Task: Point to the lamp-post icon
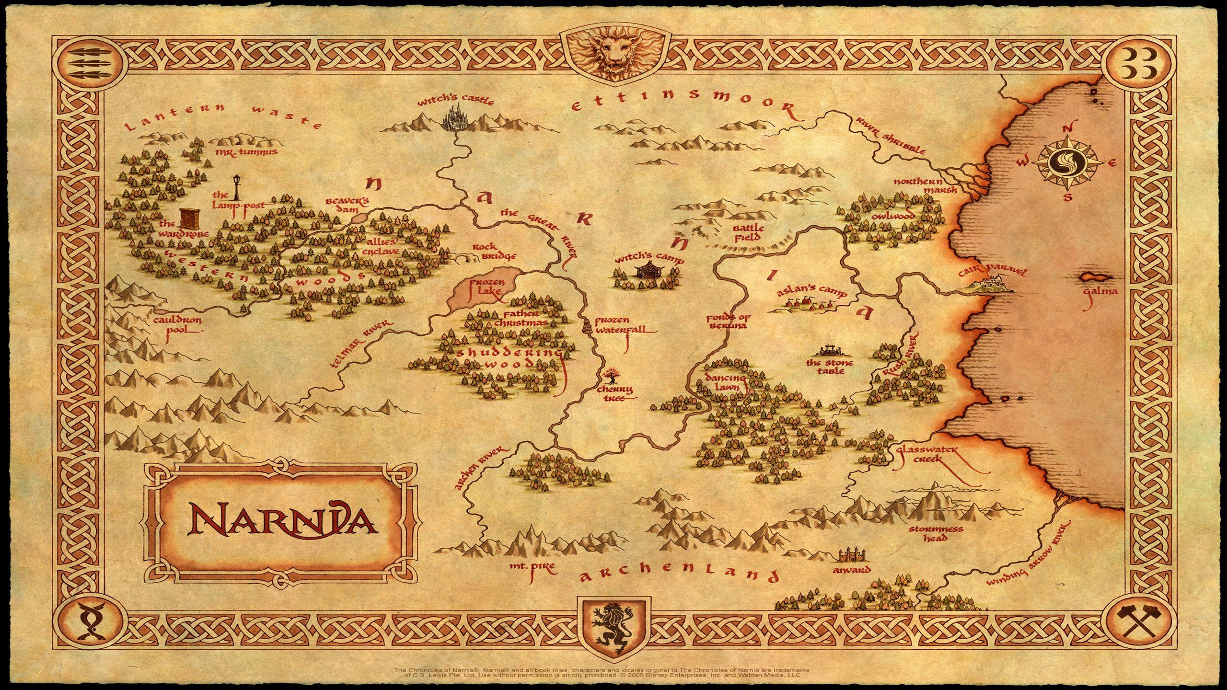[236, 187]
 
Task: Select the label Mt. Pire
[532, 567]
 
